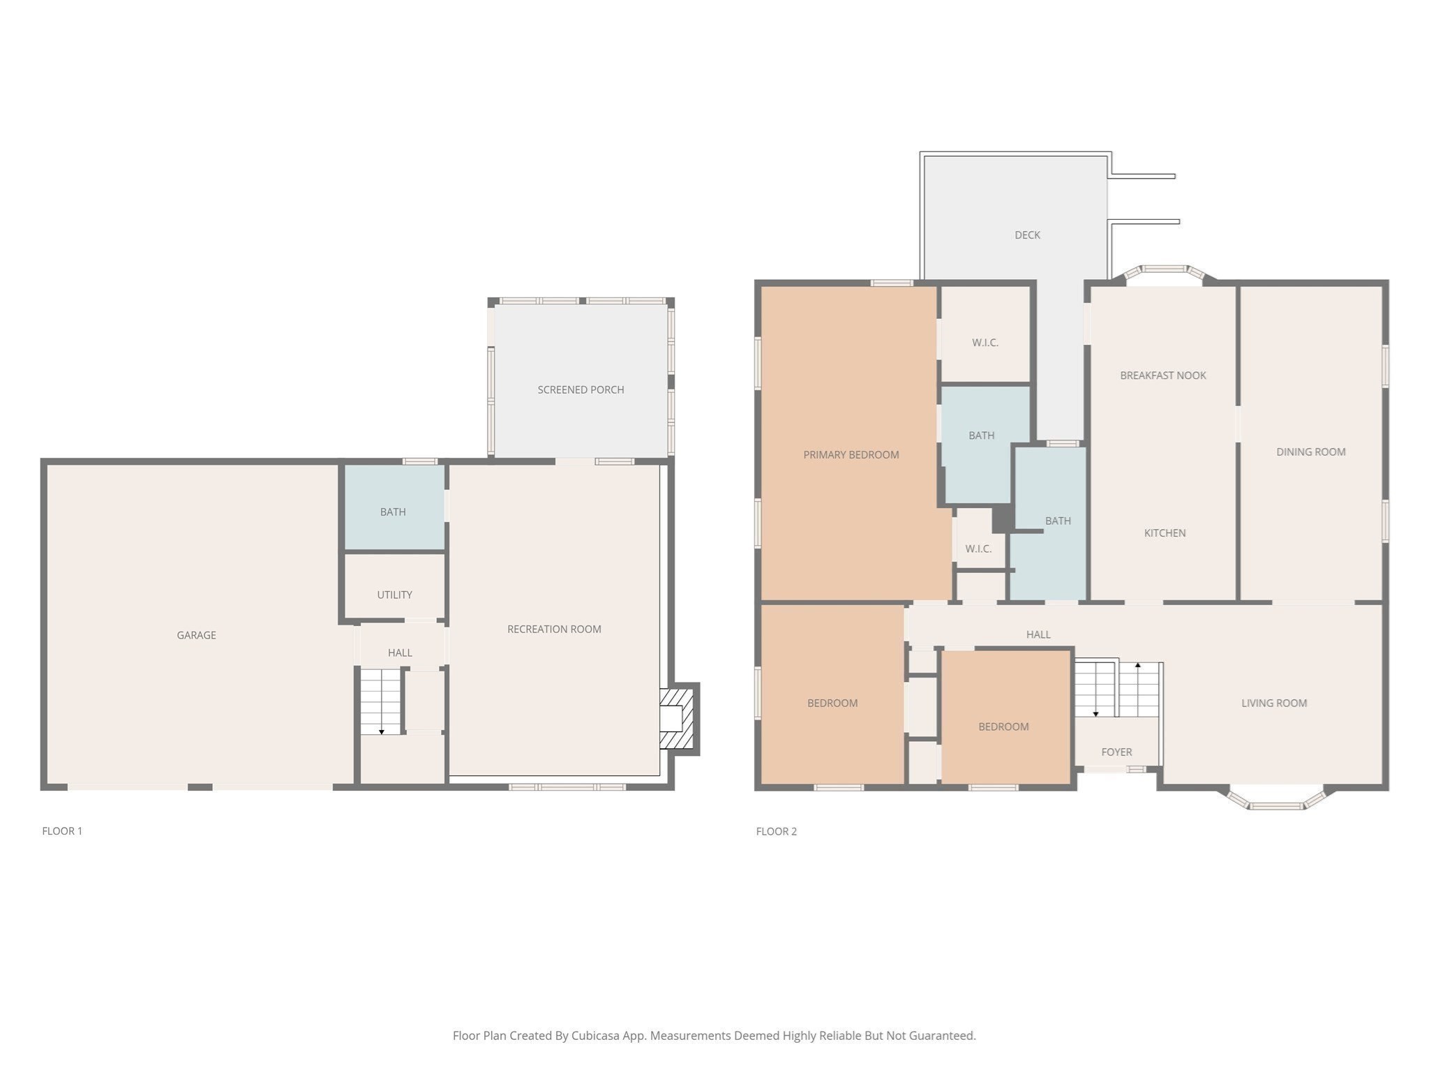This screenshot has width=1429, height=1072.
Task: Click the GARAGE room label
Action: (x=196, y=635)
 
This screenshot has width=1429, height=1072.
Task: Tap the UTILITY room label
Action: (x=394, y=595)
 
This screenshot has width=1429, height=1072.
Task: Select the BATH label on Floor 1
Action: (x=393, y=512)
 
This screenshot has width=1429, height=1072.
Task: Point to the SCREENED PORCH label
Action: (x=581, y=389)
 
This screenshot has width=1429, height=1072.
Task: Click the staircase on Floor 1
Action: (x=381, y=701)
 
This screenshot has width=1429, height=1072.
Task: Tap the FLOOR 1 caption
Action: (x=62, y=831)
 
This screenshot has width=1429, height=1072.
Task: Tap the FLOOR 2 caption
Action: (x=776, y=831)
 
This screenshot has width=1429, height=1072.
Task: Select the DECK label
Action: (x=1027, y=235)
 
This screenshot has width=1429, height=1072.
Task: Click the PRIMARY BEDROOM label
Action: (x=851, y=454)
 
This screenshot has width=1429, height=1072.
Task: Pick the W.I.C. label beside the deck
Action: (x=985, y=343)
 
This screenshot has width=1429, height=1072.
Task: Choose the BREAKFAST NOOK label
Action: (x=1162, y=375)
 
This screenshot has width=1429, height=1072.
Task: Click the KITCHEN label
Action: (x=1165, y=533)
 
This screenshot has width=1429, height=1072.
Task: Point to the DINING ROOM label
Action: (x=1310, y=452)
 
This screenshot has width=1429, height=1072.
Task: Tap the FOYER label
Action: (x=1116, y=752)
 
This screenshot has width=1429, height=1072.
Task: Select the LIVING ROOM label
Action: (x=1273, y=703)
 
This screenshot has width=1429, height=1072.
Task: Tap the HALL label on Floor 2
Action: (x=1038, y=634)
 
